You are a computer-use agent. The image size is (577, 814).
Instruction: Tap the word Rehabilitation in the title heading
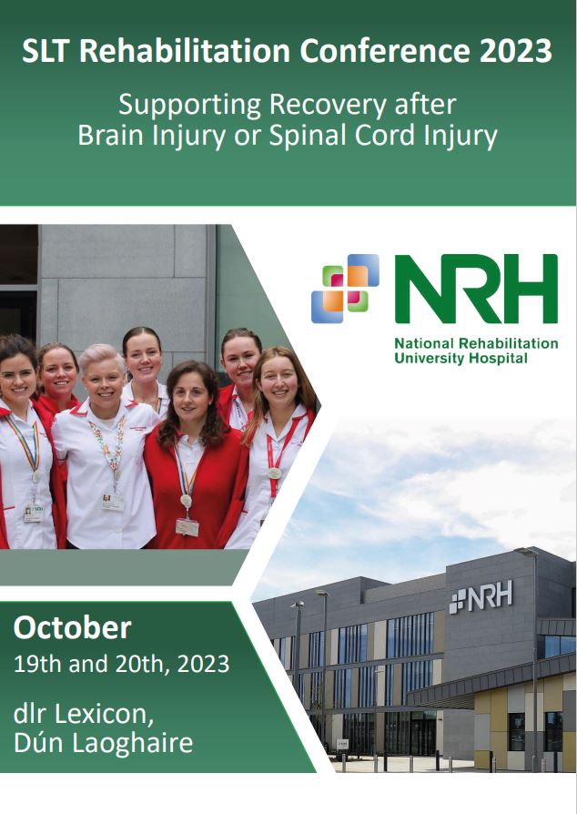pos(185,51)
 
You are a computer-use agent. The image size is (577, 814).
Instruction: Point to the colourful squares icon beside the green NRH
pos(345,288)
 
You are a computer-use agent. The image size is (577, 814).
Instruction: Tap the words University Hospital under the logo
pos(461,358)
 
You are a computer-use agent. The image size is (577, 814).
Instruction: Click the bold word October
pos(72,627)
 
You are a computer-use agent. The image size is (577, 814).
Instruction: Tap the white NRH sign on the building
pos(481,596)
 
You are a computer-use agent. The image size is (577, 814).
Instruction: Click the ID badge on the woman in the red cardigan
pos(187,527)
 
